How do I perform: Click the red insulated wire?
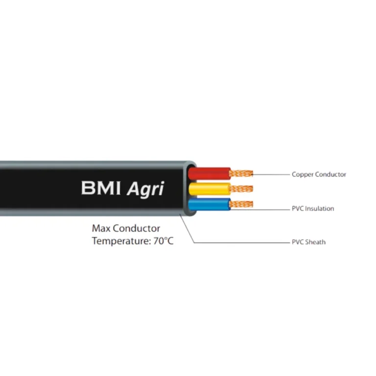210,173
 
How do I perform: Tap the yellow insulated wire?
210,188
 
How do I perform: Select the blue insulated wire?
210,204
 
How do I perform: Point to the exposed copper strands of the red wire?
241,172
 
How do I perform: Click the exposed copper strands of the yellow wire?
241,188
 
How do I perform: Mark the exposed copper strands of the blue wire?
241,204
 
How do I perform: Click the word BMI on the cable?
101,188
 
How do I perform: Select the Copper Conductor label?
319,174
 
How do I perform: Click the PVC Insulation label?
313,209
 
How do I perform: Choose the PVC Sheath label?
308,242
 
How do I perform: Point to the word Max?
101,228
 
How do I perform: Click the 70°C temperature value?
163,241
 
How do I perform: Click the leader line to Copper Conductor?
272,174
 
